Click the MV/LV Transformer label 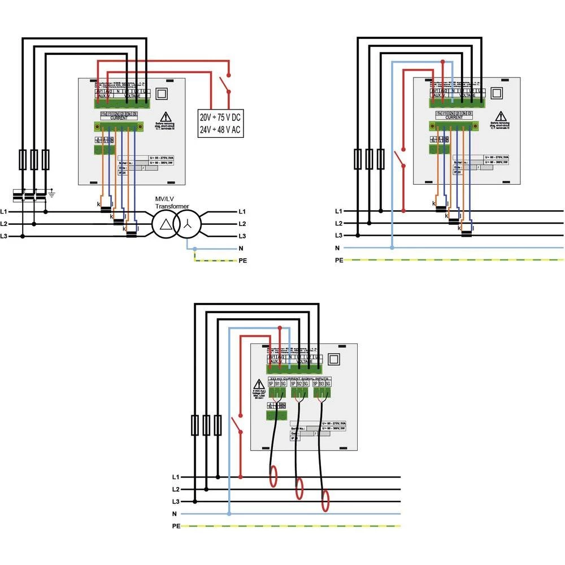(x=173, y=203)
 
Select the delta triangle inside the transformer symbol (x=165, y=224)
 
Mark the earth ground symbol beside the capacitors (x=51, y=194)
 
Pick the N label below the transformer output (x=241, y=248)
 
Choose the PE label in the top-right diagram (x=339, y=260)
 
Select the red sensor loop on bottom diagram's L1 (x=273, y=476)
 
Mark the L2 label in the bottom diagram (x=176, y=489)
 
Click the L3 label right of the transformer (x=242, y=236)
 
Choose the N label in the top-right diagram (x=338, y=248)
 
